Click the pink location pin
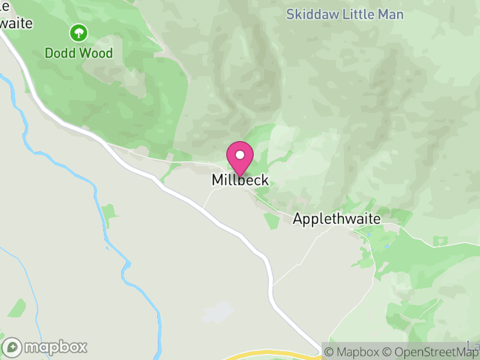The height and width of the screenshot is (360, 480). tap(240, 158)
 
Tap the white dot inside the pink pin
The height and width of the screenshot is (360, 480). tap(240, 155)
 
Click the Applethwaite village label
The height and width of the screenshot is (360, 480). tap(336, 219)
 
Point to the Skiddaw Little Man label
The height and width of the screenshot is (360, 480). tap(344, 14)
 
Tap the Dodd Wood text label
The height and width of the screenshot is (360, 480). tap(79, 53)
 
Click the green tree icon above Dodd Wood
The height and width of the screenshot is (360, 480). tap(79, 32)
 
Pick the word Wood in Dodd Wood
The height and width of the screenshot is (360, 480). tap(97, 53)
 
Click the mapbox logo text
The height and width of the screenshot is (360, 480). tap(56, 347)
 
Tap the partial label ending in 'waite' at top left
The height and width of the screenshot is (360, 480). tap(15, 23)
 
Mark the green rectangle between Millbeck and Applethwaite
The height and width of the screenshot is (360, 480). tap(271, 220)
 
